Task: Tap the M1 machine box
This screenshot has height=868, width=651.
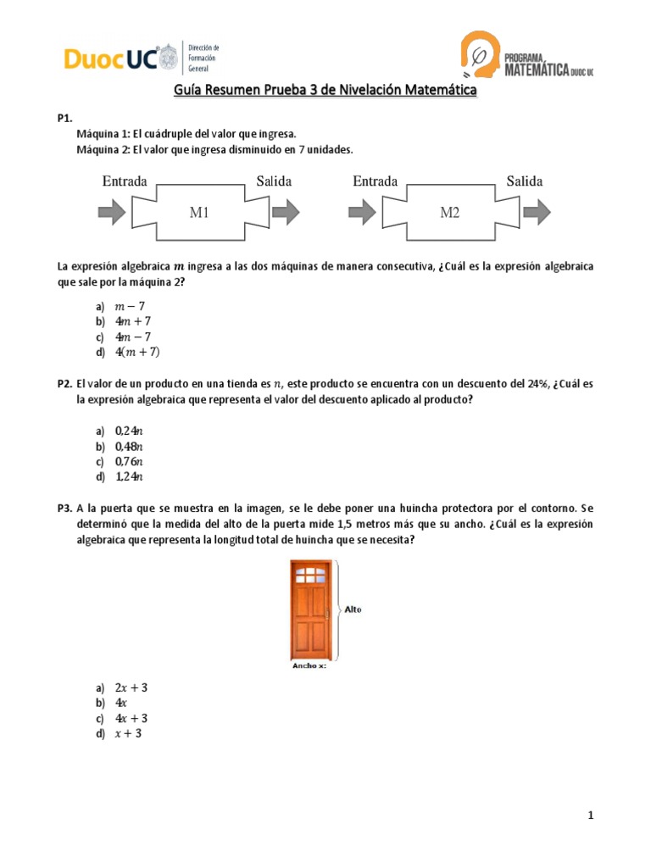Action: point(199,213)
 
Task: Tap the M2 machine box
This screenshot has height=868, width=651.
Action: point(449,213)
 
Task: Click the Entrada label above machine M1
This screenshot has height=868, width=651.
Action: point(125,181)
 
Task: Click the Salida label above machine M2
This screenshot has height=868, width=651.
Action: point(525,181)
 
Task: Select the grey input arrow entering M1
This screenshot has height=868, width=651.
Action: point(111,211)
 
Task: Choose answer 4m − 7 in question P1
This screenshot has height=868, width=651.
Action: point(133,337)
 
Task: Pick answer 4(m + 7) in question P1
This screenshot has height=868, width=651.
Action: point(137,352)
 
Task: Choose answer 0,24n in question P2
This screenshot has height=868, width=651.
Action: point(129,431)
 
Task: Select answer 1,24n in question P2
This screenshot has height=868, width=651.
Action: point(129,477)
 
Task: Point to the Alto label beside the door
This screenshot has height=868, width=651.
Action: point(353,608)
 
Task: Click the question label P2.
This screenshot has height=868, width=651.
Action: point(64,384)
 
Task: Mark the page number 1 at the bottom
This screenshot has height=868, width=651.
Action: point(590,815)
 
